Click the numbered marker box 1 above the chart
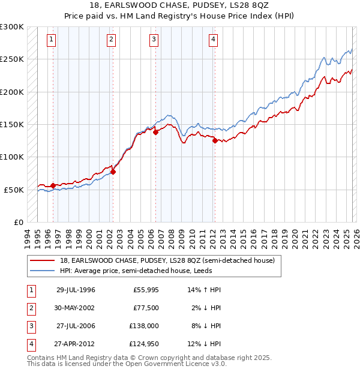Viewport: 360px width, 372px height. coord(52,40)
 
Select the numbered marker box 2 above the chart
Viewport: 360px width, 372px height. coord(112,40)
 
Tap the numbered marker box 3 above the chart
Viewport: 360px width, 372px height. coord(154,40)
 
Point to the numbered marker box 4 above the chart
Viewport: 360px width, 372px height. coord(213,40)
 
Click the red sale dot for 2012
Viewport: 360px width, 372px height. coord(214,141)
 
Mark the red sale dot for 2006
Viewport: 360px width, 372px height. coord(155,133)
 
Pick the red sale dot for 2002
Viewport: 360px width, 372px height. coord(113,172)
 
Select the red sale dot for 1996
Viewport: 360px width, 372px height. coord(53,185)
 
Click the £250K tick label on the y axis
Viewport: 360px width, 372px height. coord(12,59)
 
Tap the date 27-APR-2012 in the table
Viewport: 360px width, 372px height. coord(76,344)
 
